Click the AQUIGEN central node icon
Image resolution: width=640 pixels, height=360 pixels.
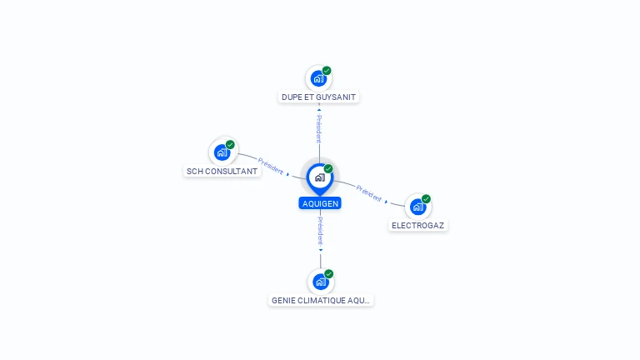319,177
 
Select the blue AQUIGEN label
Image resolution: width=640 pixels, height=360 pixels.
320,203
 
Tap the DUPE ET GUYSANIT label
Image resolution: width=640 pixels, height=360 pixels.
318,97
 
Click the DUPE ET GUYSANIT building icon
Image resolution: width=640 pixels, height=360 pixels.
317,78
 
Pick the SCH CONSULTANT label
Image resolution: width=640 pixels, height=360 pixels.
222,171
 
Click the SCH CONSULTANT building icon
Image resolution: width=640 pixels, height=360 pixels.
221,152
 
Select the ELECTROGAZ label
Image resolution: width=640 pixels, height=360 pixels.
418,225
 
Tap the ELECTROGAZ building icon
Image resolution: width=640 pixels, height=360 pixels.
417,206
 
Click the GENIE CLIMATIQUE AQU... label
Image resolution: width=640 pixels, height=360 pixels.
321,300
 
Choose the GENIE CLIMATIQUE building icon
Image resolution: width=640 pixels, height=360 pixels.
320,282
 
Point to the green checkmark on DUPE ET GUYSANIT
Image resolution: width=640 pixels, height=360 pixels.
327,71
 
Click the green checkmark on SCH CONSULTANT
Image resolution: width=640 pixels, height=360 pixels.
230,145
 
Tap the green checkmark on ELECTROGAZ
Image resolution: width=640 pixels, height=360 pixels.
426,199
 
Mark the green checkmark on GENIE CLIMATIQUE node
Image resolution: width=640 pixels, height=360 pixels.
328,274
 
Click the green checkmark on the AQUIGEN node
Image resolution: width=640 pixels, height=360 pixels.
328,169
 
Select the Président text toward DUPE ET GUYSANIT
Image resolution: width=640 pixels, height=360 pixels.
319,128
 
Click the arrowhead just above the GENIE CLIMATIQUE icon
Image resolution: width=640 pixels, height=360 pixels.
320,249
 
